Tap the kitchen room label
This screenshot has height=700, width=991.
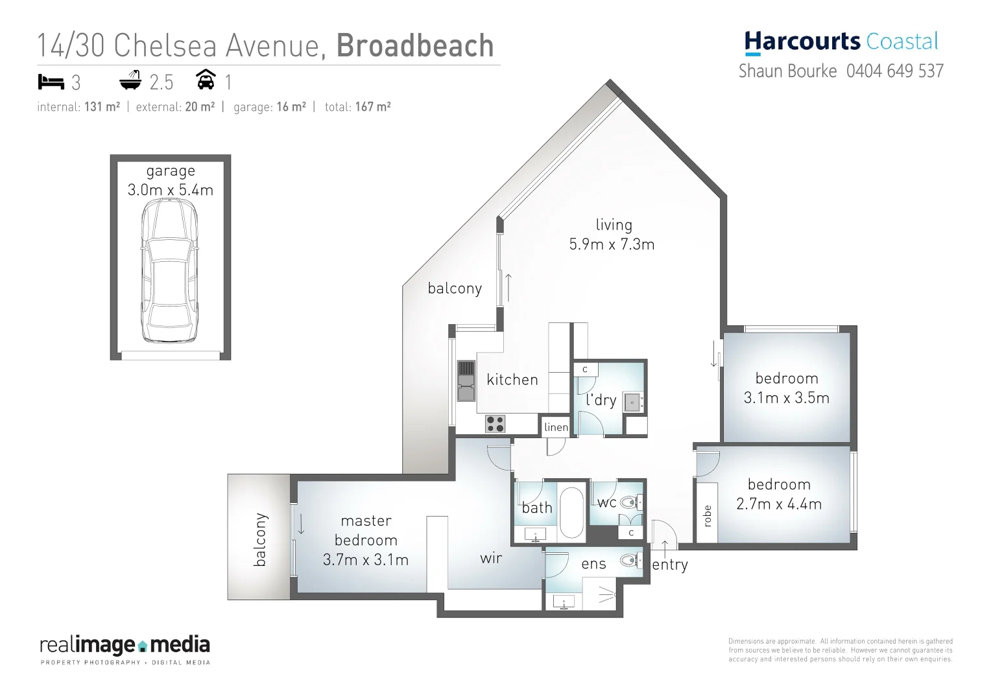pyautogui.click(x=512, y=380)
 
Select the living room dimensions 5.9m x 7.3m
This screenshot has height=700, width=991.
pyautogui.click(x=612, y=244)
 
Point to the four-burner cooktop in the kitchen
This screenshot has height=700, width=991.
pyautogui.click(x=495, y=424)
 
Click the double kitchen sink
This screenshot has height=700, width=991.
pyautogui.click(x=466, y=382)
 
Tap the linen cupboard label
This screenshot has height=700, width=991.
pyautogui.click(x=556, y=427)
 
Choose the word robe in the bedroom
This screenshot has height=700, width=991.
pyautogui.click(x=707, y=516)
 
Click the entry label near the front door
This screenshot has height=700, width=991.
pyautogui.click(x=670, y=565)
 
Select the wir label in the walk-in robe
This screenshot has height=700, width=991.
pyautogui.click(x=491, y=558)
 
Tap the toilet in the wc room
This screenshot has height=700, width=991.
pyautogui.click(x=628, y=502)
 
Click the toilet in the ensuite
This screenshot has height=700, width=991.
pyautogui.click(x=628, y=560)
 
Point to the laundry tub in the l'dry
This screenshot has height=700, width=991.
pyautogui.click(x=632, y=402)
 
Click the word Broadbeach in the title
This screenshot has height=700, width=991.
pyautogui.click(x=415, y=46)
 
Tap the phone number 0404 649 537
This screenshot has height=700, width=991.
pyautogui.click(x=894, y=71)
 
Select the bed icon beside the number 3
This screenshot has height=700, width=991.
pyautogui.click(x=51, y=82)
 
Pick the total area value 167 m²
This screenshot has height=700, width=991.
pyautogui.click(x=372, y=107)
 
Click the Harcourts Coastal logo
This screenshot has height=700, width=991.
pyautogui.click(x=841, y=41)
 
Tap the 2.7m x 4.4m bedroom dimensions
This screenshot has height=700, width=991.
pyautogui.click(x=778, y=504)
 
